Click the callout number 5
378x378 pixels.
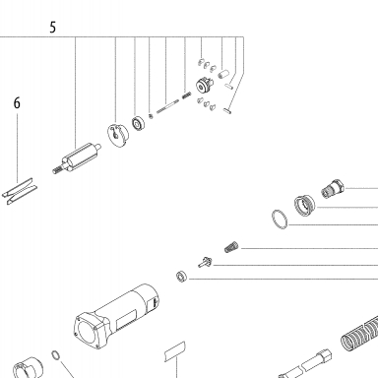[x=53, y=28]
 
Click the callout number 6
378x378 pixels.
[x=17, y=103]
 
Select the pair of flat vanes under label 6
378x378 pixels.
[x=20, y=191]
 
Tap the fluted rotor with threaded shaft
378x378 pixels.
[x=77, y=158]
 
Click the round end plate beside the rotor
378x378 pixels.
[x=118, y=135]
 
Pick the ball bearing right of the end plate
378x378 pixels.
[x=138, y=123]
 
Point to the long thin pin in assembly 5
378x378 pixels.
[x=167, y=106]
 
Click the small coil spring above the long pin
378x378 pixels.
[x=186, y=95]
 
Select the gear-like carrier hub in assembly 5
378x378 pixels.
[x=204, y=85]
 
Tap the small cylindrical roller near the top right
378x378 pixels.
[x=223, y=74]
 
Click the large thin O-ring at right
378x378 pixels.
[x=280, y=220]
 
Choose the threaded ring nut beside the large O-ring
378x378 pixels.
[x=304, y=205]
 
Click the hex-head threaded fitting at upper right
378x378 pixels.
[x=333, y=189]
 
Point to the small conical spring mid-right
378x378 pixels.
[x=231, y=247]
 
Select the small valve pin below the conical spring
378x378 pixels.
[x=205, y=263]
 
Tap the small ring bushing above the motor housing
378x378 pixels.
[x=181, y=276]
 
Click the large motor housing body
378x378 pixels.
[x=116, y=317]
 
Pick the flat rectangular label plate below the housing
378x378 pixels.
[x=175, y=352]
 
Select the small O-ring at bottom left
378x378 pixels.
[x=56, y=354]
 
